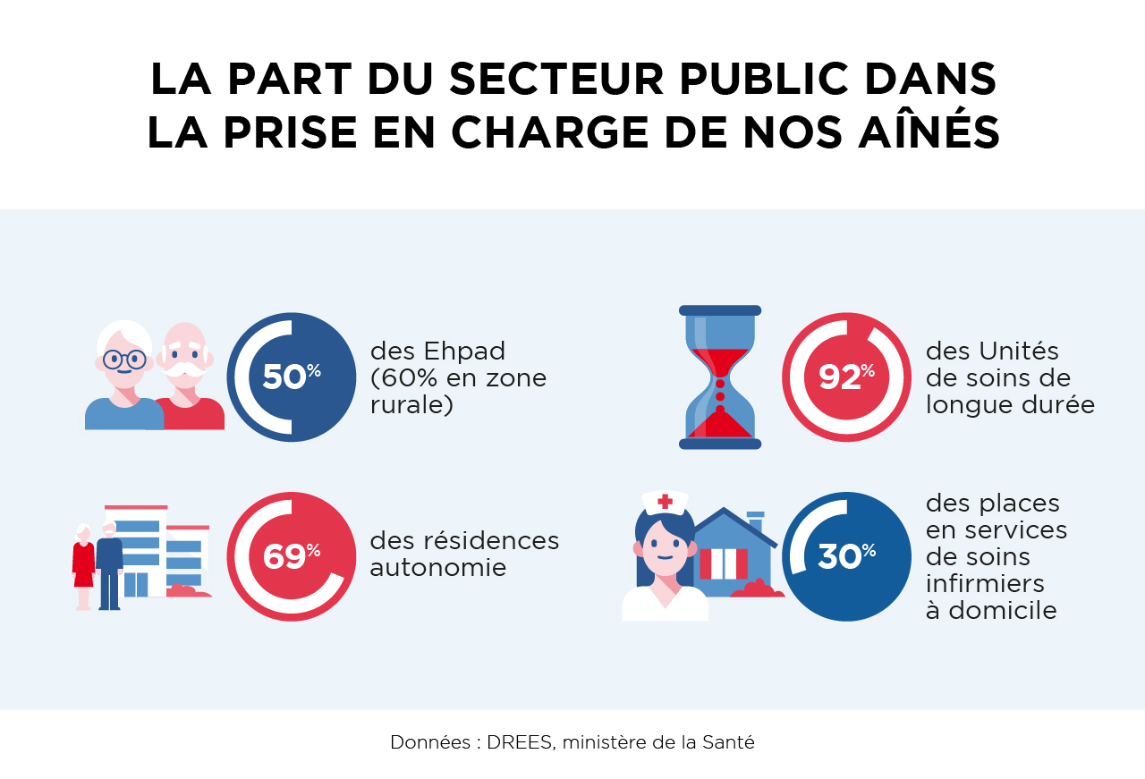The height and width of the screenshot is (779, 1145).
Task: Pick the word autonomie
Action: click(x=438, y=568)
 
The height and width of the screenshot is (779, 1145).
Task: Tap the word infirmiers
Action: click(x=985, y=584)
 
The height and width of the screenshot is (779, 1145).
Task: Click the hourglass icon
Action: click(x=720, y=377)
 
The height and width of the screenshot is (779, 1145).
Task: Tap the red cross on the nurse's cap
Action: click(x=665, y=502)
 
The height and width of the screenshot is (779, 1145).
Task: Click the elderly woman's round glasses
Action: click(x=123, y=360)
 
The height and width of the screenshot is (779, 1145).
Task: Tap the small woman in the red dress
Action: click(x=84, y=563)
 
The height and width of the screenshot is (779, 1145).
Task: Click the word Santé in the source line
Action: click(x=730, y=742)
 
